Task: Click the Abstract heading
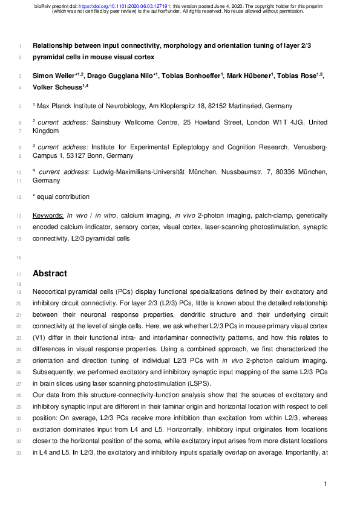click(50, 273)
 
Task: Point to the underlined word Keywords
click(48, 215)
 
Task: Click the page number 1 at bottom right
click(325, 484)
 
